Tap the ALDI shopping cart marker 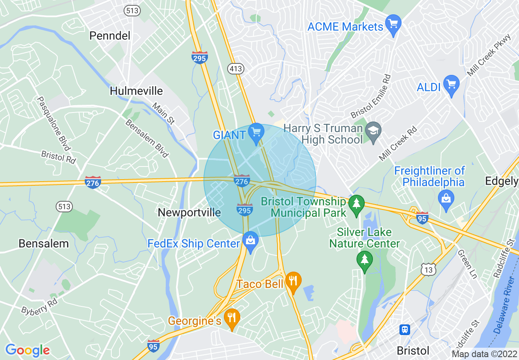451,84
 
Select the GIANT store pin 257,133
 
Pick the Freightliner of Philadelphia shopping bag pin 446,198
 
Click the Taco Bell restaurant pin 293,281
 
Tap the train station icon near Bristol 404,329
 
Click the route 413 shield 236,69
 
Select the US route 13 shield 428,269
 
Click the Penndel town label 110,36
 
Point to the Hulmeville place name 136,90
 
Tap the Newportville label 189,212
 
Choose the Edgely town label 501,181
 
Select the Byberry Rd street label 40,305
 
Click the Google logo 27,350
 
